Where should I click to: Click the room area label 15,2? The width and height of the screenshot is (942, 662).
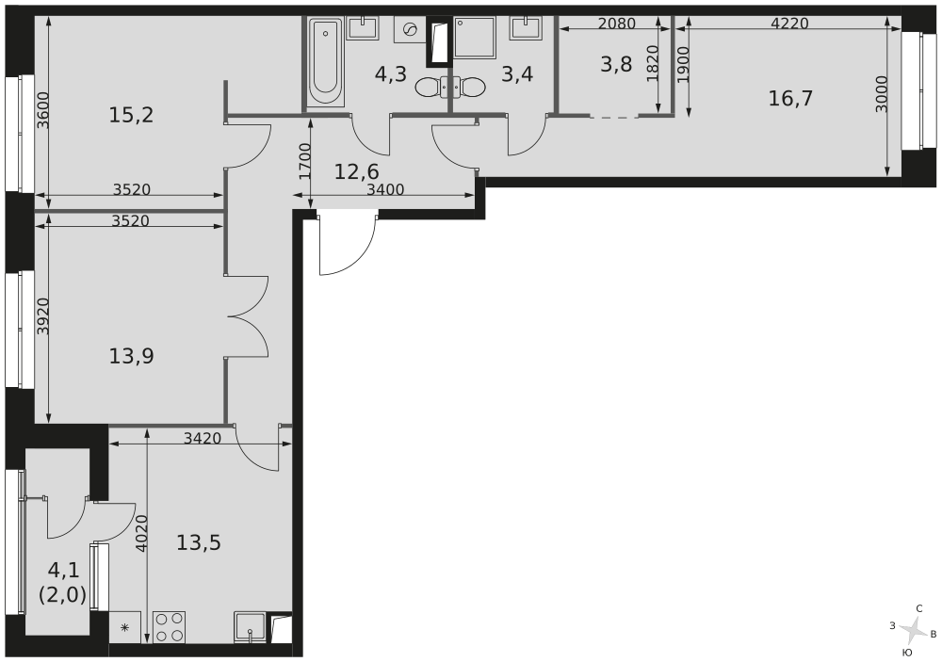131,115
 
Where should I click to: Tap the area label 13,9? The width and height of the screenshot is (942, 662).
131,356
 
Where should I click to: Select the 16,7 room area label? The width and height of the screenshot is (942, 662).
790,98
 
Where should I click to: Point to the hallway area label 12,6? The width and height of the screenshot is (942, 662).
357,171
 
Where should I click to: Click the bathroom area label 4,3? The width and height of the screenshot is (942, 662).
390,73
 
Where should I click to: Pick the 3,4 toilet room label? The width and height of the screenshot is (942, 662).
517,73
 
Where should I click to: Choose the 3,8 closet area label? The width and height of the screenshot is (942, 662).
617,64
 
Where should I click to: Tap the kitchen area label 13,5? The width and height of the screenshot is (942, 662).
198,542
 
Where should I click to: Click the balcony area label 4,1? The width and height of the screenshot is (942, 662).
63,570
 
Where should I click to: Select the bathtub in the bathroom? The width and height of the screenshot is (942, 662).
326,62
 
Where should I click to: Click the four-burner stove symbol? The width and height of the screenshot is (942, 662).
169,627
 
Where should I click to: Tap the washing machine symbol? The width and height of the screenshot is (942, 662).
410,30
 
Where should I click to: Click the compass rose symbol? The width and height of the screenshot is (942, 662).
911,629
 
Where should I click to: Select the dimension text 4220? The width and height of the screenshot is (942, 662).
789,24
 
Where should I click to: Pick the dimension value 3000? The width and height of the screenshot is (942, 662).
881,94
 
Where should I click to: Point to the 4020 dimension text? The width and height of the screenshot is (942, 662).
141,533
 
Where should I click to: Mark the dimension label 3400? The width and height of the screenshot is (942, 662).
385,189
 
